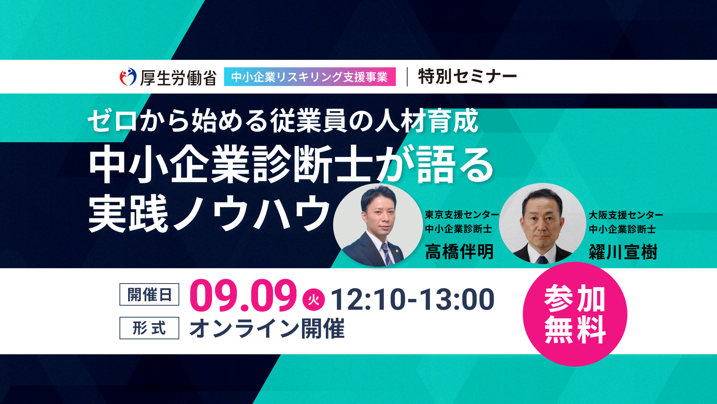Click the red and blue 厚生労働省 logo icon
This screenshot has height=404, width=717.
pyautogui.click(x=128, y=77)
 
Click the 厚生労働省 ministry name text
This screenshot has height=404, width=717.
pyautogui.click(x=179, y=78)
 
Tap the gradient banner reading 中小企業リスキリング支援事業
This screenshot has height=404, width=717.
pyautogui.click(x=310, y=77)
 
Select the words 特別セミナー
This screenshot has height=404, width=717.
pyautogui.click(x=467, y=77)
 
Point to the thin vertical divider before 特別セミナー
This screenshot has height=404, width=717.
pyautogui.click(x=407, y=77)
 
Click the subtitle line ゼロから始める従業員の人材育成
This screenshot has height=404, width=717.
pyautogui.click(x=283, y=120)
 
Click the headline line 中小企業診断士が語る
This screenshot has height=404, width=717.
pyautogui.click(x=291, y=165)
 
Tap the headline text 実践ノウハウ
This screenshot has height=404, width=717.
pyautogui.click(x=209, y=213)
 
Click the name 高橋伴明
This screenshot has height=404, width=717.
pyautogui.click(x=459, y=251)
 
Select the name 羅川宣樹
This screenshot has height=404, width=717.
pyautogui.click(x=623, y=252)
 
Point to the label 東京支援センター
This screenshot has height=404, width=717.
pyautogui.click(x=462, y=215)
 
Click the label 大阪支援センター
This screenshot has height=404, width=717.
pyautogui.click(x=626, y=215)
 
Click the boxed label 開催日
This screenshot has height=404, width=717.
pyautogui.click(x=149, y=294)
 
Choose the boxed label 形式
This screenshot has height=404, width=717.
pyautogui.click(x=149, y=328)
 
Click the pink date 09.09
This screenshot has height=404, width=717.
pyautogui.click(x=243, y=296)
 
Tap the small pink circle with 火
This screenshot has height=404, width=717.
pyautogui.click(x=314, y=300)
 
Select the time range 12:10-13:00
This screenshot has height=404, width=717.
pyautogui.click(x=413, y=299)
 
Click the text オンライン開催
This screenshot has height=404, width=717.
pyautogui.click(x=267, y=328)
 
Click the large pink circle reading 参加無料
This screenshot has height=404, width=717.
pyautogui.click(x=575, y=314)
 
